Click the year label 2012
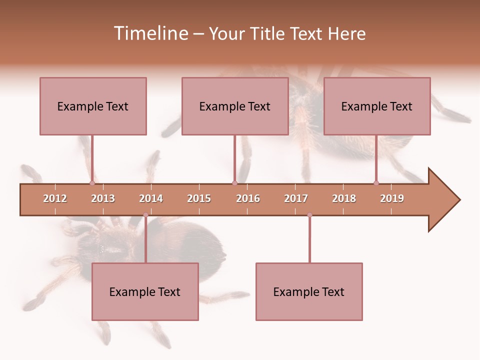click(x=55, y=198)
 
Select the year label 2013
click(x=103, y=198)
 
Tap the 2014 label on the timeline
click(x=151, y=198)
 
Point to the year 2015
click(x=199, y=198)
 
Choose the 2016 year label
click(x=248, y=198)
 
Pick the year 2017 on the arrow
click(x=296, y=198)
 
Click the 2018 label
click(x=344, y=198)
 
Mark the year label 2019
click(x=392, y=198)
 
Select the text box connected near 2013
click(x=93, y=106)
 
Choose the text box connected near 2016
click(x=235, y=106)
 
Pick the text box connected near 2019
click(x=377, y=106)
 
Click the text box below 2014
click(x=145, y=291)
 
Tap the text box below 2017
click(x=309, y=291)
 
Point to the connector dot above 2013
click(x=92, y=183)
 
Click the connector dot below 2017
click(x=309, y=215)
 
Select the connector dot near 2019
click(x=376, y=183)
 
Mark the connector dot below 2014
click(x=145, y=215)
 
